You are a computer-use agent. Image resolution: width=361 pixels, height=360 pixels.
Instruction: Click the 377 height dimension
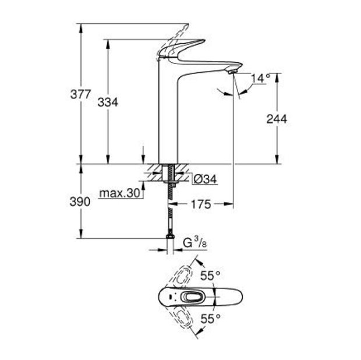click(80, 94)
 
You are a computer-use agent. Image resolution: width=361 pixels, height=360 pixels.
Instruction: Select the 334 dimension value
click(108, 103)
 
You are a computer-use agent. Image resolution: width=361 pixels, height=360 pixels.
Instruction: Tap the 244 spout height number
click(277, 119)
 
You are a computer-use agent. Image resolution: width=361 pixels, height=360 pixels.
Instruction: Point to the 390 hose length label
click(80, 202)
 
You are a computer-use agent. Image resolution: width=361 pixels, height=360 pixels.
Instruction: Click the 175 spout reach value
click(201, 204)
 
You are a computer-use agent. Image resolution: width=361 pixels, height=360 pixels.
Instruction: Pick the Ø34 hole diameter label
click(205, 179)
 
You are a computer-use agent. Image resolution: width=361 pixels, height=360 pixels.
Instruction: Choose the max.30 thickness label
click(120, 193)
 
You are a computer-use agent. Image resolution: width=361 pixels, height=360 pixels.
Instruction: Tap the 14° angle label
click(261, 78)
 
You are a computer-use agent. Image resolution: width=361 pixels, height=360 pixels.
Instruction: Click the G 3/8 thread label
click(195, 242)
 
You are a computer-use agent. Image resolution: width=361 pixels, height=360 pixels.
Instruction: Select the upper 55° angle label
click(210, 276)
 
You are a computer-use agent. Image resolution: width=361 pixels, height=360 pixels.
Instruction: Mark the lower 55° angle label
click(210, 319)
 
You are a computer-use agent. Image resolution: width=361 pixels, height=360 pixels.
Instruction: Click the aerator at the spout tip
click(231, 71)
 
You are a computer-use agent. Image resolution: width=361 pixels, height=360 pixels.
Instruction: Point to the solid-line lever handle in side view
click(182, 48)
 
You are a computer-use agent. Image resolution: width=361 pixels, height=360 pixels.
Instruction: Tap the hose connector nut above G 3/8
click(170, 237)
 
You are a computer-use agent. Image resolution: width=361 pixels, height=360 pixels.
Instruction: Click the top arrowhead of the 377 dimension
click(80, 28)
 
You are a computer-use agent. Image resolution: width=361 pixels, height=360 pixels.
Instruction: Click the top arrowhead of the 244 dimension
click(277, 77)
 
